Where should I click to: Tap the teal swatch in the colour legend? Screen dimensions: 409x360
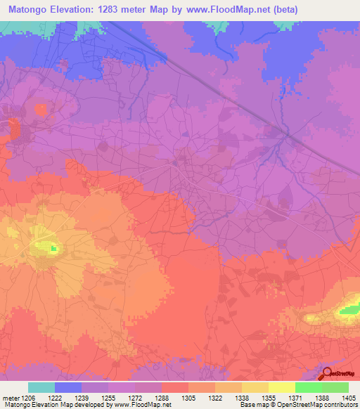pyautogui.click(x=41, y=387)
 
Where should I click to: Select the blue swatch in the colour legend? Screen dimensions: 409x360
pyautogui.click(x=68, y=387)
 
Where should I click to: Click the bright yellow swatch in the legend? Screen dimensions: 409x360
pyautogui.click(x=281, y=387)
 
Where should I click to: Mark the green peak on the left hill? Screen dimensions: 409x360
pyautogui.click(x=53, y=247)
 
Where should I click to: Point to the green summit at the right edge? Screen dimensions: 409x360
pyautogui.click(x=349, y=309)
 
